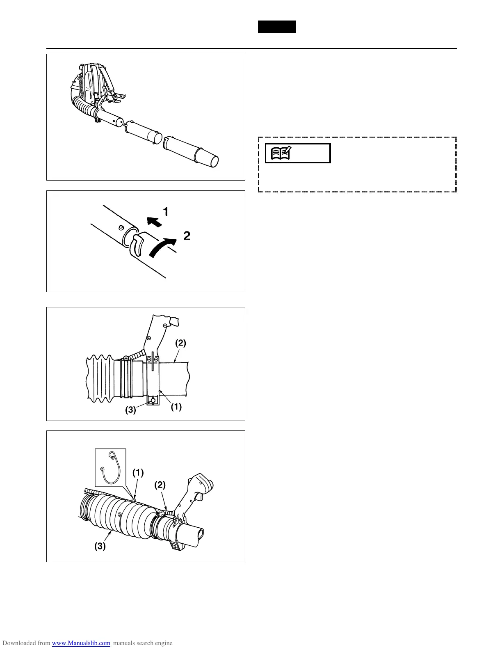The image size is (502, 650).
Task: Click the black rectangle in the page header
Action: click(x=277, y=27)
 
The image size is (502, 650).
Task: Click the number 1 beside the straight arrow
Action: click(x=166, y=212)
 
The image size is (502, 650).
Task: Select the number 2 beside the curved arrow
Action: click(x=187, y=236)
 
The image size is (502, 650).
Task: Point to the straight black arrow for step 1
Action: click(x=154, y=221)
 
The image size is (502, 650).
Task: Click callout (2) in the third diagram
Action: click(x=180, y=343)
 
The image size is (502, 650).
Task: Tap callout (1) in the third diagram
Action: click(x=176, y=407)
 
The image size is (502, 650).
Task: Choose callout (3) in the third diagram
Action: click(x=130, y=410)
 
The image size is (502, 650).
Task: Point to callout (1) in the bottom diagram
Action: click(x=138, y=472)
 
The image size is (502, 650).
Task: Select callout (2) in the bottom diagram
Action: click(x=160, y=485)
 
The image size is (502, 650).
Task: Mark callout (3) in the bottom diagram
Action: click(x=100, y=546)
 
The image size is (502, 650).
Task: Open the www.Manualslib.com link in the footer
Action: click(x=81, y=643)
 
